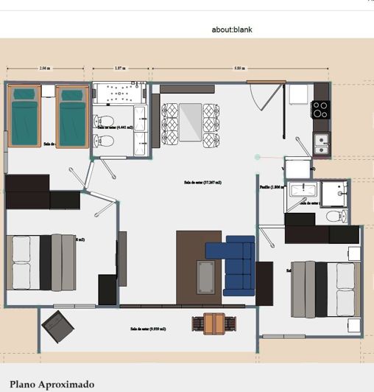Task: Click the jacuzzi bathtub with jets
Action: pos(119,95)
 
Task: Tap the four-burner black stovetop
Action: pos(320,109)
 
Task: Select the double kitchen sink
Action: pos(321,144)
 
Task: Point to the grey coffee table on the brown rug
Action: pos(206,276)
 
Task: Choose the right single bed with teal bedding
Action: pos(72,116)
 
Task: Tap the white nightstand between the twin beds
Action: pos(48,91)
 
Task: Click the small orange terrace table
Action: pos(214,323)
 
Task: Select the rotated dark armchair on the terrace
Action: pos(56,323)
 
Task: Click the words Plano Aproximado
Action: pos(52,384)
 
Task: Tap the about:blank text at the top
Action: pos(231,30)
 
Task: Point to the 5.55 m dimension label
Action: pos(239,68)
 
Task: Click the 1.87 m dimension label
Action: pos(119,68)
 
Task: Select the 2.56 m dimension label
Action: pos(45,68)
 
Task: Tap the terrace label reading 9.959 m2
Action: pos(147,329)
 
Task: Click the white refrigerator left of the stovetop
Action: pos(298,94)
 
